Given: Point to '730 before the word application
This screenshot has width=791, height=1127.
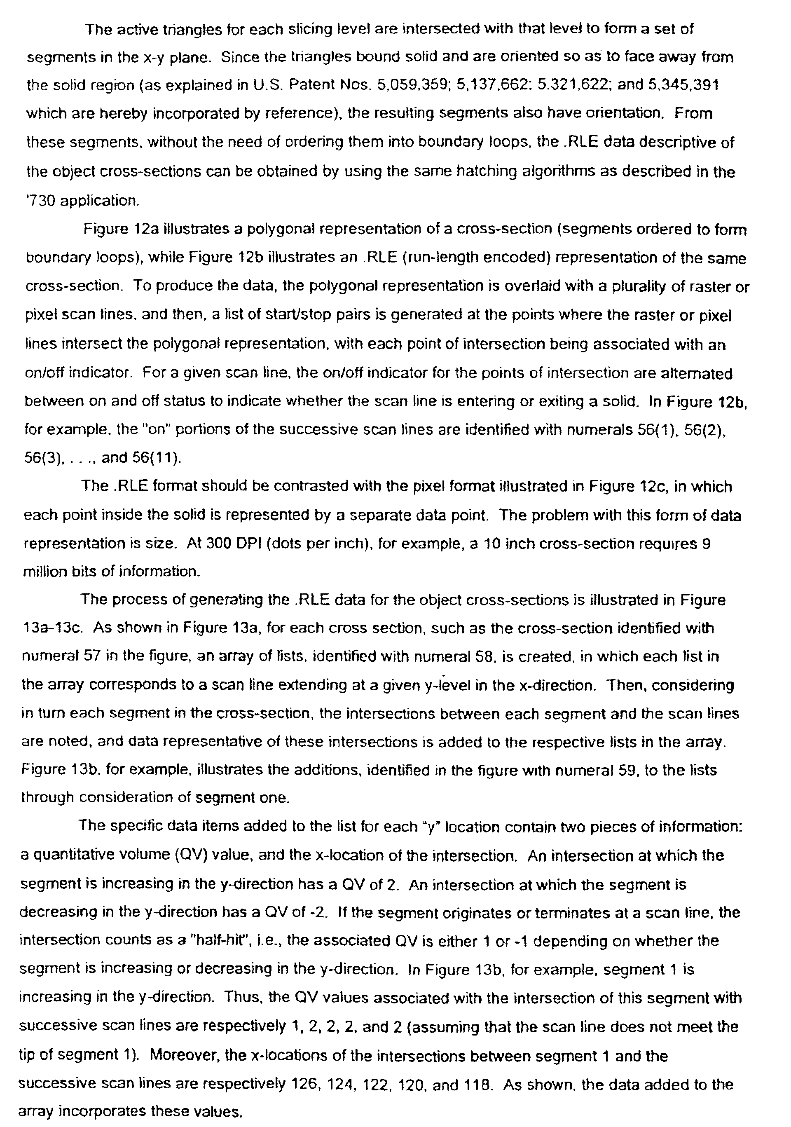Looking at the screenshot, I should (x=39, y=201).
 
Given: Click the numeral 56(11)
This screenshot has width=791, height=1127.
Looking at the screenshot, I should (x=157, y=457).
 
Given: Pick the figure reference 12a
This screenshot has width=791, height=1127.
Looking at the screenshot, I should (x=146, y=229).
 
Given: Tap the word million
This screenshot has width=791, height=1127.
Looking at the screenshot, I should (x=44, y=572).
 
